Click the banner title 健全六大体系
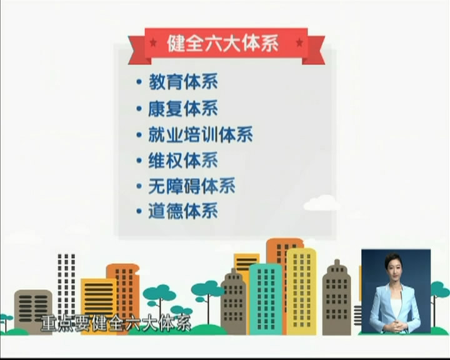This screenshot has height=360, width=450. tap(222, 43)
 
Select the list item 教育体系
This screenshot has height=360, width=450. tap(183, 82)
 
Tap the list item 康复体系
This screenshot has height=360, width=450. tap(183, 108)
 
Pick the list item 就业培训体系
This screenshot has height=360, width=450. tap(201, 134)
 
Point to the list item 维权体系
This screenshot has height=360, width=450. tap(183, 160)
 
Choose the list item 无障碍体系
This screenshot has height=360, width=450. tap(192, 186)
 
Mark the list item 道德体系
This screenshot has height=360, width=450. tap(183, 211)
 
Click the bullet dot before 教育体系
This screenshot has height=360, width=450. tap(139, 82)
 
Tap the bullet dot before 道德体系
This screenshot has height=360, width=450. tap(139, 212)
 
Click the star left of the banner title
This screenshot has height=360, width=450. tap(153, 42)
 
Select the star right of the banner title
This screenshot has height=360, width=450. tap(299, 42)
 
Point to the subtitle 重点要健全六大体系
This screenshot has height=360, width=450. tap(116, 324)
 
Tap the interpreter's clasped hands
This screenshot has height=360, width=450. tap(396, 326)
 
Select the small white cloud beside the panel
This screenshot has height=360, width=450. tap(321, 202)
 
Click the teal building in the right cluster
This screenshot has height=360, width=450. tap(266, 299)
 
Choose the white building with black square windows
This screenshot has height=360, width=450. tap(66, 284)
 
